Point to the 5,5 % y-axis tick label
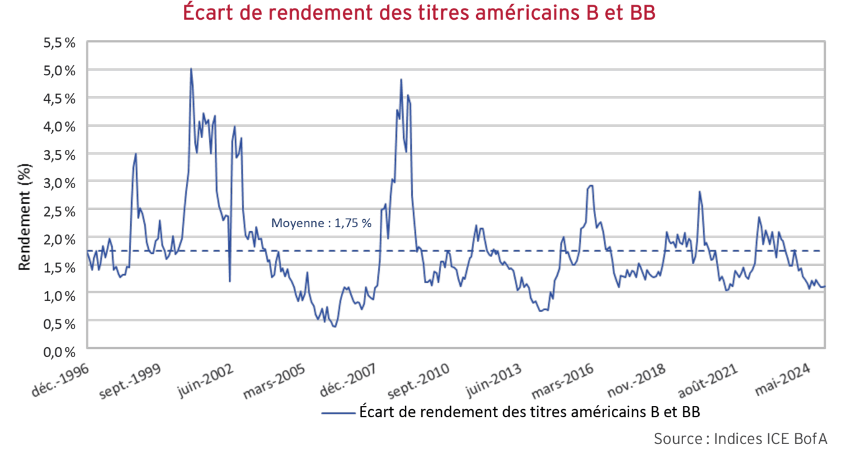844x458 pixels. click(61, 42)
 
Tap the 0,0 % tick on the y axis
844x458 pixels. click(61, 351)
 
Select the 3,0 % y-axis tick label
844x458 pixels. click(61, 183)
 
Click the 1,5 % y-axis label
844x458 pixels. click(61, 267)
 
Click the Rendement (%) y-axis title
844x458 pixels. click(24, 216)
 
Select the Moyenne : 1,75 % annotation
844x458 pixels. click(322, 223)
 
